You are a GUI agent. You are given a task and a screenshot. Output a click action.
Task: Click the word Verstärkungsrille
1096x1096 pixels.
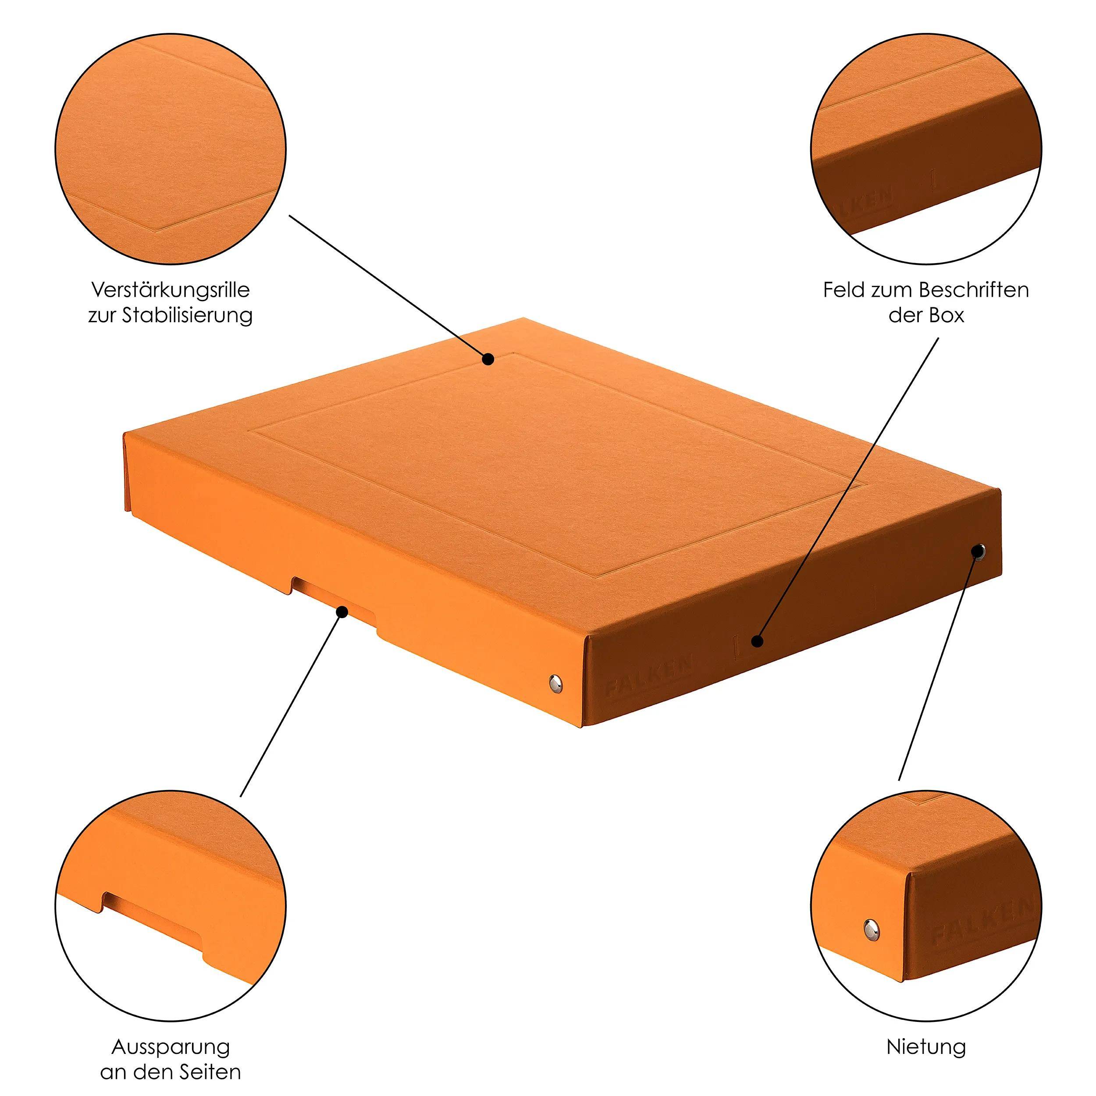tap(170, 291)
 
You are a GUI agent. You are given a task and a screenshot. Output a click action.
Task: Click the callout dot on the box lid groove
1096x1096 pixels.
tap(488, 359)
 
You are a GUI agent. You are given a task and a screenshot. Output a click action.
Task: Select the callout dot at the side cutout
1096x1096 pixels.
tap(342, 612)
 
